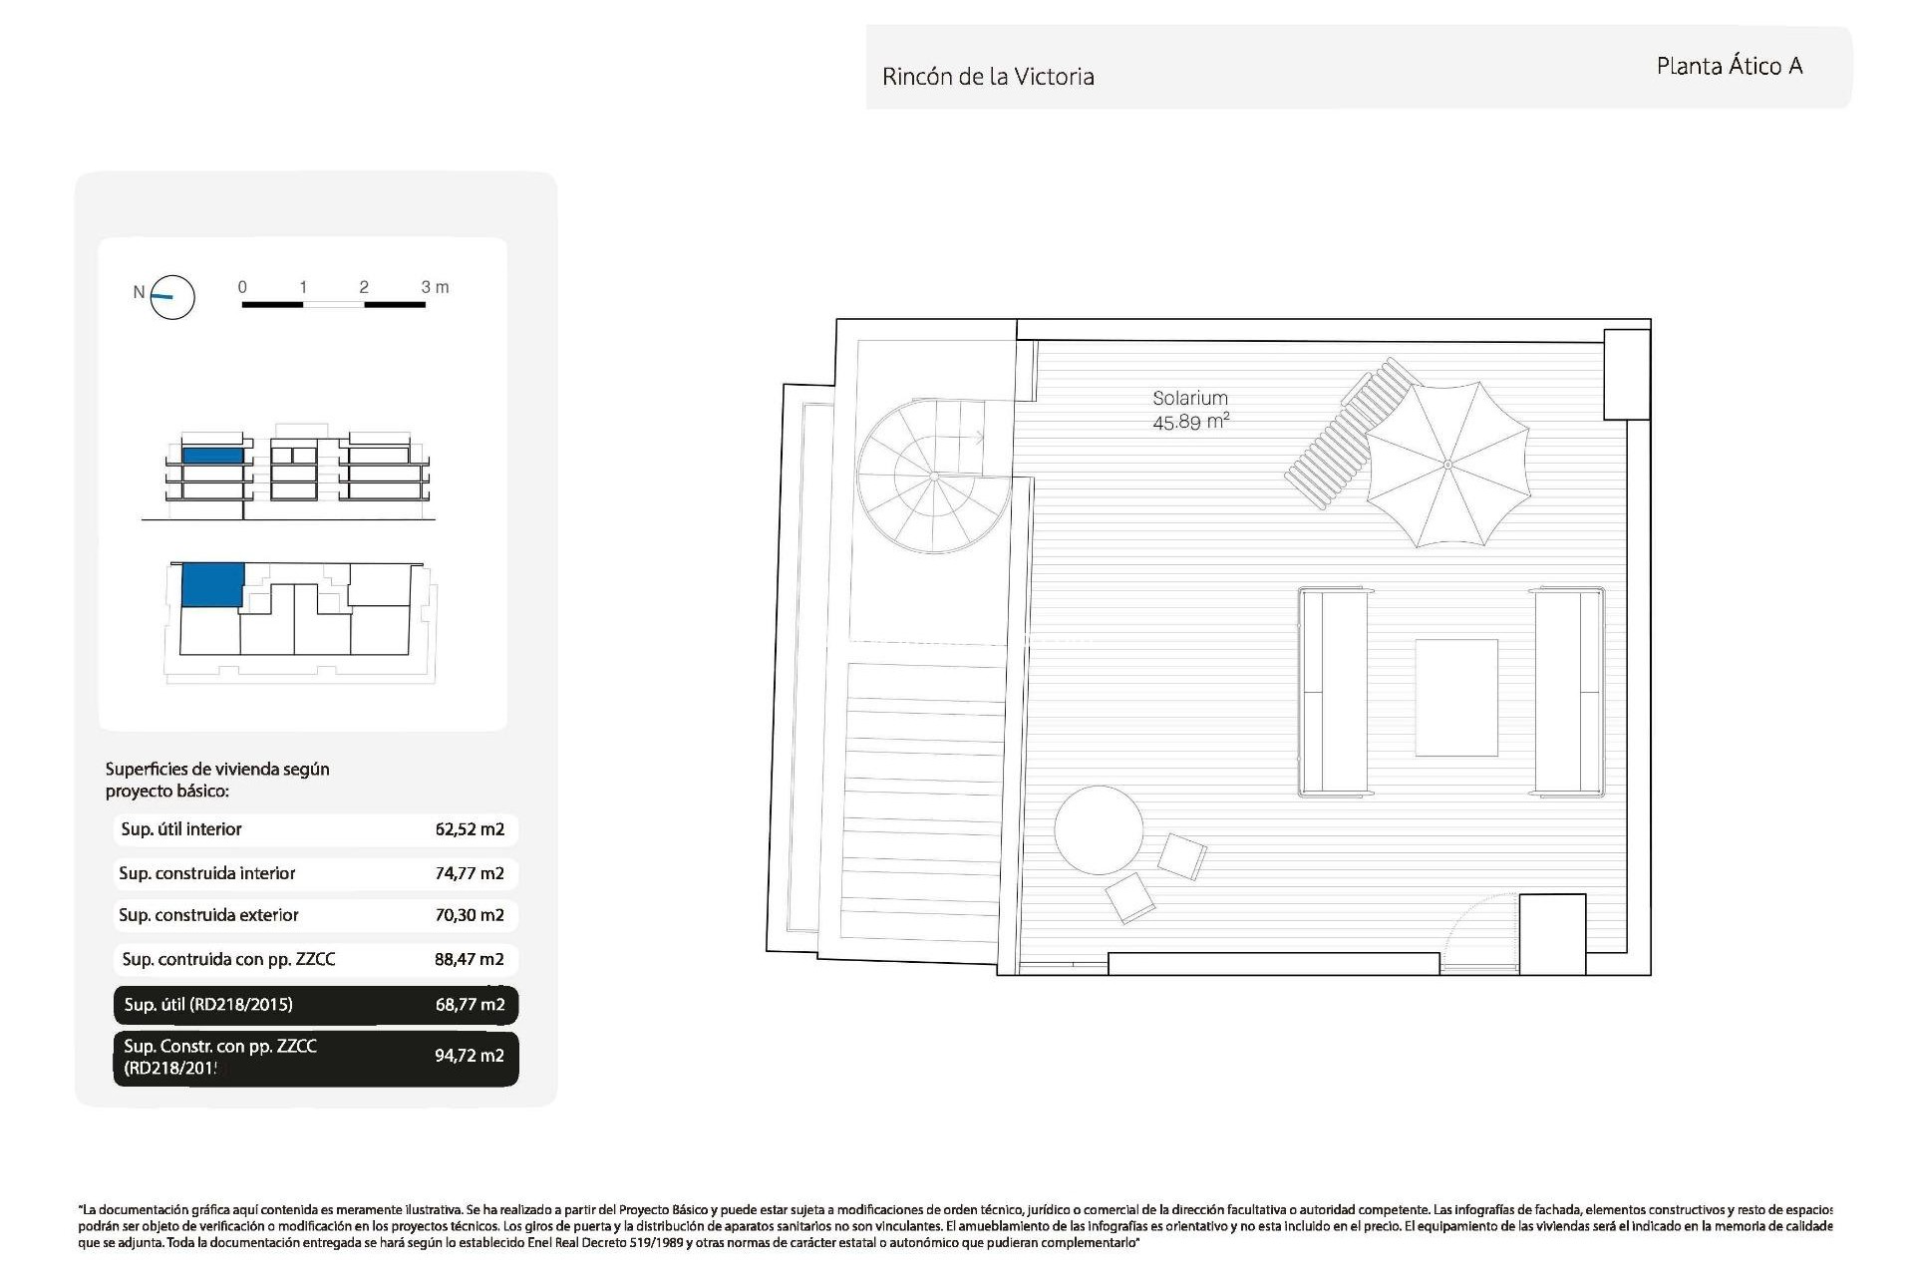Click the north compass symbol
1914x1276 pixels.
point(171,297)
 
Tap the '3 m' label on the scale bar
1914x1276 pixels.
point(435,287)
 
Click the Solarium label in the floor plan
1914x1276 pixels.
point(1189,398)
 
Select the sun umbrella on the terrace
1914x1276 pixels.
point(1447,465)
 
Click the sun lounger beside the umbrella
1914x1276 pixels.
point(1346,435)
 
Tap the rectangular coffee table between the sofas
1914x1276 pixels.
point(1455,698)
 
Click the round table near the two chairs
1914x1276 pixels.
point(1099,830)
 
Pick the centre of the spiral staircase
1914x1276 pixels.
point(934,477)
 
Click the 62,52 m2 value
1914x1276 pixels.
point(470,829)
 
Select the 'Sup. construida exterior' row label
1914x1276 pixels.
point(208,915)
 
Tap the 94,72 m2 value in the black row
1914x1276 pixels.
point(469,1056)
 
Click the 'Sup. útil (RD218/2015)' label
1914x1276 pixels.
point(208,1005)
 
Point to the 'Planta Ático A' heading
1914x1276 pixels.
point(1729,67)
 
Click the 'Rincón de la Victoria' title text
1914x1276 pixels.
point(988,77)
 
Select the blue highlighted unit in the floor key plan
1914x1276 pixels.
point(211,584)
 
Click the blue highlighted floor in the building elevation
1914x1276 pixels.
point(212,455)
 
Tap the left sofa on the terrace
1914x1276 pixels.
point(1332,693)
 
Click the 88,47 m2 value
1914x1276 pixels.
point(469,960)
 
